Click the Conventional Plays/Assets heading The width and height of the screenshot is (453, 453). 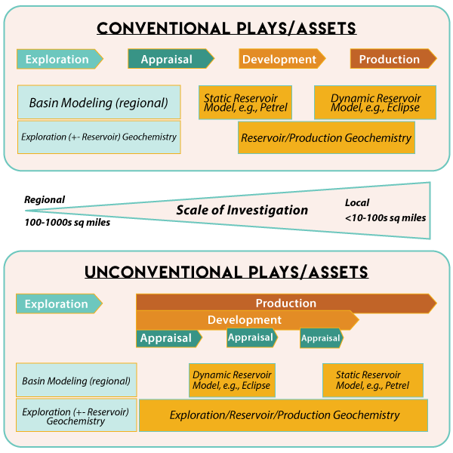pyautogui.click(x=226, y=29)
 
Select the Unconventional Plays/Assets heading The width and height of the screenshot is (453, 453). pyautogui.click(x=226, y=272)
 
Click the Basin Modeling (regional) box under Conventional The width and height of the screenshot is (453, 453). pyautogui.click(x=99, y=103)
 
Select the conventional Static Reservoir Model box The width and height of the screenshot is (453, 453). pyautogui.click(x=245, y=102)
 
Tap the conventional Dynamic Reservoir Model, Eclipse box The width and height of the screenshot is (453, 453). pyautogui.click(x=365, y=102)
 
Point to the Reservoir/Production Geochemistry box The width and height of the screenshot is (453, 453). pyautogui.click(x=326, y=138)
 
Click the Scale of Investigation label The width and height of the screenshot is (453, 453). pyautogui.click(x=242, y=210)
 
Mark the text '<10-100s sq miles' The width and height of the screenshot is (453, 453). pyautogui.click(x=386, y=217)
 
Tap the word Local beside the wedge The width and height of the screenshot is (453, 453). pyautogui.click(x=357, y=203)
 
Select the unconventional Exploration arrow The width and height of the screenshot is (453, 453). pyautogui.click(x=58, y=304)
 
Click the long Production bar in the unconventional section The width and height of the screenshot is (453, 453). pyautogui.click(x=285, y=303)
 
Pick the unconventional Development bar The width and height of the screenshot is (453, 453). pyautogui.click(x=245, y=320)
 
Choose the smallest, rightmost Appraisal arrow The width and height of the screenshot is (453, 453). pyautogui.click(x=321, y=338)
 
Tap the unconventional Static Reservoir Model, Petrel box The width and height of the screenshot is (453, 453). pyautogui.click(x=373, y=380)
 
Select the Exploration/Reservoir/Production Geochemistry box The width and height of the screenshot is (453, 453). pyautogui.click(x=284, y=415)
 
